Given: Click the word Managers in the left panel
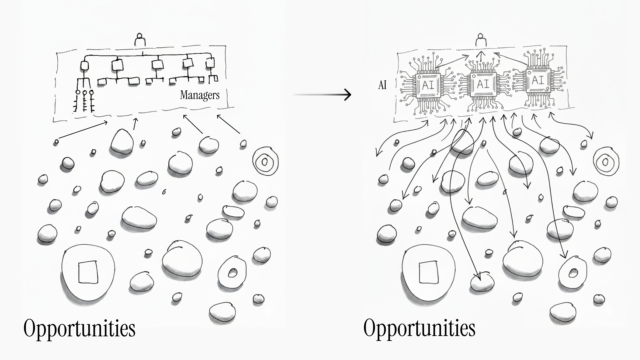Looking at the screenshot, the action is tap(200, 95).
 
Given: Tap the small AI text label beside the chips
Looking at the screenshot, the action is tap(382, 85).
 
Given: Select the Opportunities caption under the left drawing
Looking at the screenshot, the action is tap(79, 328).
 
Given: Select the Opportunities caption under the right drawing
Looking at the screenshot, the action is tap(419, 328).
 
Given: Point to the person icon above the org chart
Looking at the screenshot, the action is tap(140, 39).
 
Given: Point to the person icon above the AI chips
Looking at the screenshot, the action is tap(480, 39).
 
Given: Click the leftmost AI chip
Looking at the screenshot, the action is tap(428, 85).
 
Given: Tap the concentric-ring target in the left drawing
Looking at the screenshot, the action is tap(265, 162).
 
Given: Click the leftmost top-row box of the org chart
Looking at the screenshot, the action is tap(85, 65).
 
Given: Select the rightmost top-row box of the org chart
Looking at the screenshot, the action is tap(210, 63).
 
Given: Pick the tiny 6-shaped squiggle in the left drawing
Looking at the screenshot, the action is tap(164, 192).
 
